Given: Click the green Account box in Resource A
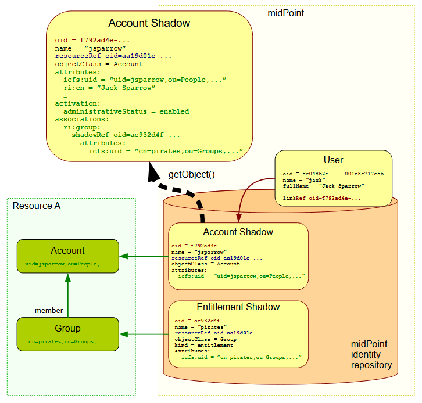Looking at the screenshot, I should coord(68,256).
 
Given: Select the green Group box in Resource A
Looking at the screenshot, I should coord(68,334).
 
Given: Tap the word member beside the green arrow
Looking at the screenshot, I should coord(49,311).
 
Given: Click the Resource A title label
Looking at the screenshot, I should coord(37,206).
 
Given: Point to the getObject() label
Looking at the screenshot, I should coord(192,174).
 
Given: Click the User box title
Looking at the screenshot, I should coord(334,160).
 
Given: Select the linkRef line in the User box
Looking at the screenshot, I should coord(321,198).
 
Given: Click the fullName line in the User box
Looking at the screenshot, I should coord(323,186).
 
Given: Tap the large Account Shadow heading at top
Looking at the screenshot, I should coord(149,23).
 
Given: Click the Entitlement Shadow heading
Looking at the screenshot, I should coord(238,307).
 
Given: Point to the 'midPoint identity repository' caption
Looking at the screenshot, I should coord(371,354).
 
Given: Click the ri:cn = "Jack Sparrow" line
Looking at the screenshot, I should coord(110,88).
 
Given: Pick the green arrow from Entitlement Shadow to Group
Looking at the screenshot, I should coord(145,334).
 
